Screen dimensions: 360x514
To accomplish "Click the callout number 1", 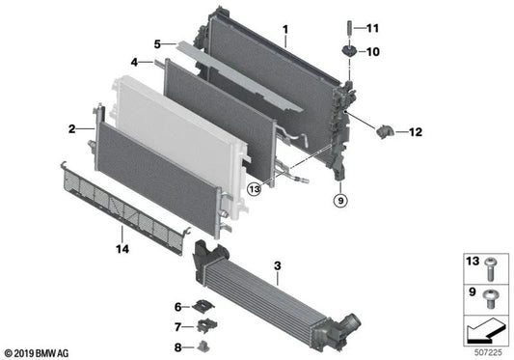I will [285, 30].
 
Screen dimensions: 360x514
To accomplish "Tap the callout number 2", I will [72, 128].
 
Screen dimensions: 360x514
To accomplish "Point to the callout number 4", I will [136, 63].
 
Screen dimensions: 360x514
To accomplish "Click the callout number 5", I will [157, 43].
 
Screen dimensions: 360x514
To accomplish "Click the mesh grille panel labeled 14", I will [125, 201].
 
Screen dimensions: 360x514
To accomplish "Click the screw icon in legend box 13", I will [491, 263].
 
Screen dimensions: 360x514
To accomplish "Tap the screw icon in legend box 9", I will [491, 291].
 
